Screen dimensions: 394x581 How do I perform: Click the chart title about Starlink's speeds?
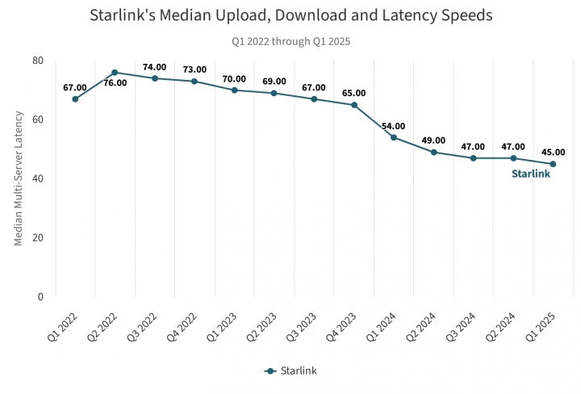pos(290,15)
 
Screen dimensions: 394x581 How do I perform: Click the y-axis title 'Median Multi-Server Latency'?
pos(19,178)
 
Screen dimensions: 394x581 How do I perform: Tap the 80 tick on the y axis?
pos(38,61)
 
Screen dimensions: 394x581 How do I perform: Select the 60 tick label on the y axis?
pos(38,119)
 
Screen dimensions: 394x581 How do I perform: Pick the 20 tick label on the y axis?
pos(38,237)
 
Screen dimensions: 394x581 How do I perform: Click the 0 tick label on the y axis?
pos(40,296)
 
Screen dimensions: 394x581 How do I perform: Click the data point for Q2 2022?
pos(115,73)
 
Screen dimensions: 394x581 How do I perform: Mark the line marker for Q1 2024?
pos(394,137)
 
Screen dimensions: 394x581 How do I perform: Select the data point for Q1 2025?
pos(553,164)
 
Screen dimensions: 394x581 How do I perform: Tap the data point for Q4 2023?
pos(354,105)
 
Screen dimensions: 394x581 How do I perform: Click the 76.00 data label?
pos(115,82)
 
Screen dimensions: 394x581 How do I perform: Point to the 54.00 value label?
pos(394,127)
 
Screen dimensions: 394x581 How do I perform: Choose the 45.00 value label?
pos(553,152)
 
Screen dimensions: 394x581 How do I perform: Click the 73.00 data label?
pos(194,69)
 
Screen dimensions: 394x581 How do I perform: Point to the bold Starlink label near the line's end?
pos(531,174)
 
